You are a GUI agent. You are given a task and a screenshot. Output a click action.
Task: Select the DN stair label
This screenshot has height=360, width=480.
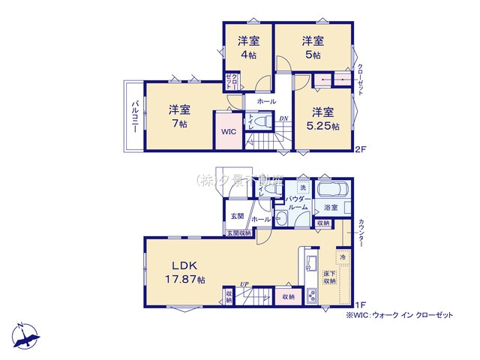[x=283, y=118]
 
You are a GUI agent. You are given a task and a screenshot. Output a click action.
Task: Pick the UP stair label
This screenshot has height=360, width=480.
[x=244, y=283]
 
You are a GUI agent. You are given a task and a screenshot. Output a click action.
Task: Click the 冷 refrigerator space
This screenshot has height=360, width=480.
[x=341, y=257]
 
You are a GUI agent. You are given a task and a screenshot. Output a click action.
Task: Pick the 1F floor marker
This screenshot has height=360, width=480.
[x=359, y=304]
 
